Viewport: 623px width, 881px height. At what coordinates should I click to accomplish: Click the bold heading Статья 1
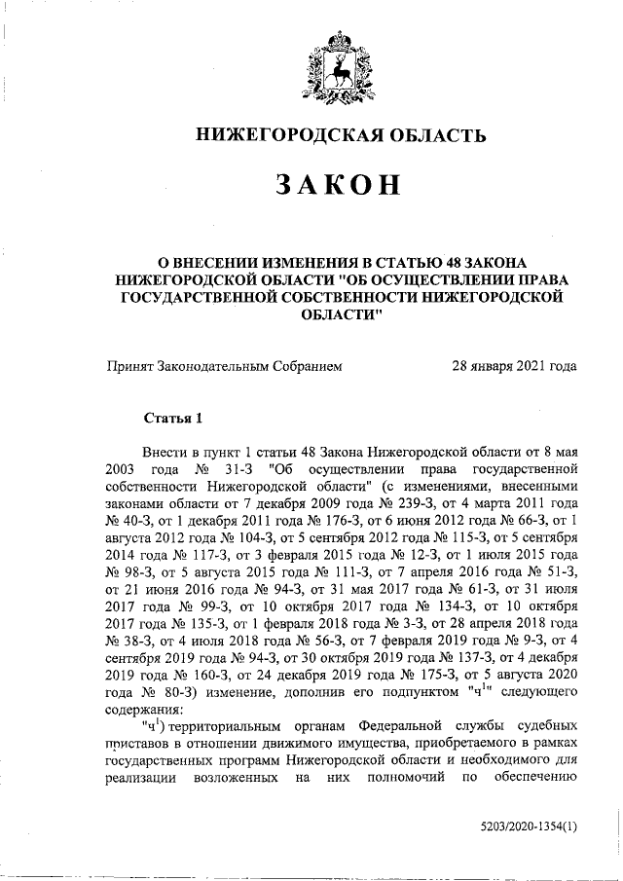tap(172, 419)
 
